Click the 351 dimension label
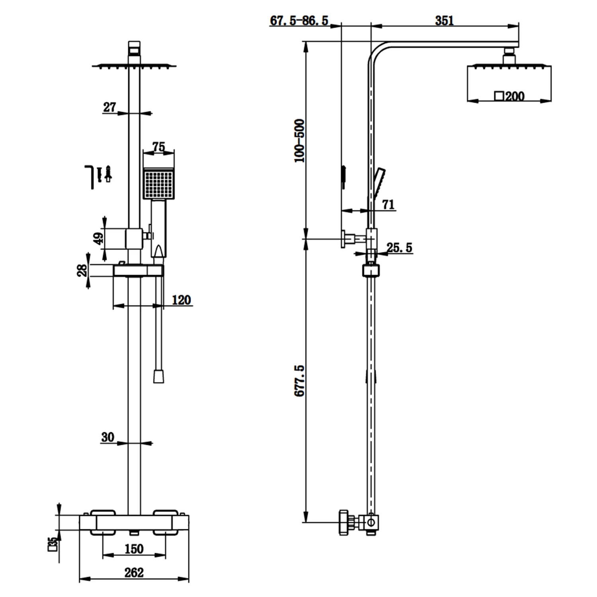click(444, 20)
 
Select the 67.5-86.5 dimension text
click(299, 20)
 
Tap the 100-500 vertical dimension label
click(299, 140)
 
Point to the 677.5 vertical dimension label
click(299, 380)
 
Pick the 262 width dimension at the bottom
click(134, 572)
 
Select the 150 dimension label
click(134, 549)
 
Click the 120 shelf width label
click(181, 300)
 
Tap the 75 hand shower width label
click(158, 147)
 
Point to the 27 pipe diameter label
click(109, 107)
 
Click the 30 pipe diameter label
click(107, 437)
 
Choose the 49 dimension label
click(98, 238)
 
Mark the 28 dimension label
click(82, 271)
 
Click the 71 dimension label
click(388, 204)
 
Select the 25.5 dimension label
click(399, 248)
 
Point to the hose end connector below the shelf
click(158, 376)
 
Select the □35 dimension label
click(52, 544)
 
